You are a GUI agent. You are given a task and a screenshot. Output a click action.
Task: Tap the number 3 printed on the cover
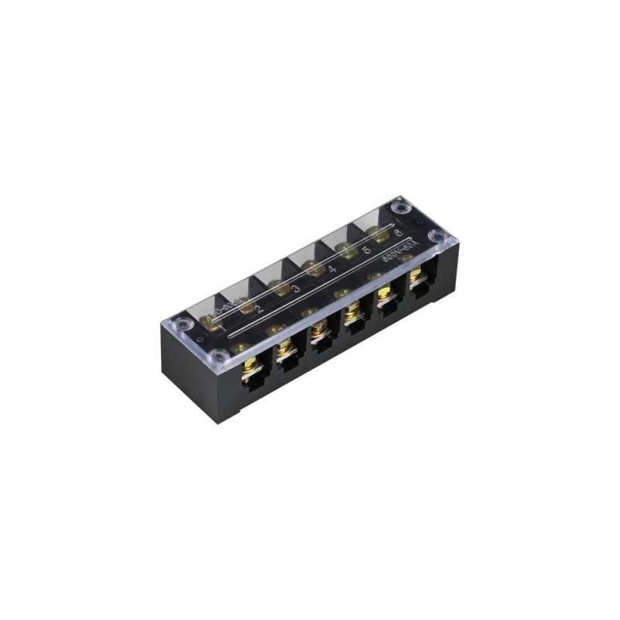[296, 289]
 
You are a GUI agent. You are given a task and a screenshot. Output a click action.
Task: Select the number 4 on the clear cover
[332, 270]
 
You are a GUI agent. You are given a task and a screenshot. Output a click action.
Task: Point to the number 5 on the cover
[366, 252]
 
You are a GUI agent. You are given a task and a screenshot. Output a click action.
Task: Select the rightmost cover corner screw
[436, 237]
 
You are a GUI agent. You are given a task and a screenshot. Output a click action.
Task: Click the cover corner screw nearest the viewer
[219, 357]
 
